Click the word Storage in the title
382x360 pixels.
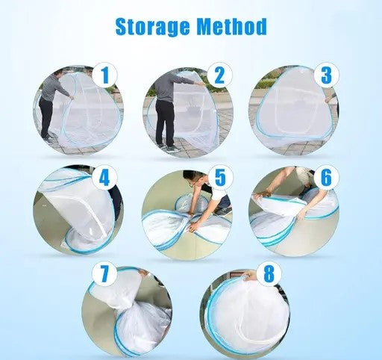click(152, 27)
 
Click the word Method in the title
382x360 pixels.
click(232, 26)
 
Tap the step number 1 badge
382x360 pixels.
click(105, 75)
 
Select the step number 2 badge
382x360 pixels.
click(219, 75)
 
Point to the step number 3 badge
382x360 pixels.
click(327, 75)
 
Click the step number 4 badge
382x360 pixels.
click(104, 178)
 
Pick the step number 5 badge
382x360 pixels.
click(220, 177)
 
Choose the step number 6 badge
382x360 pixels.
click(326, 177)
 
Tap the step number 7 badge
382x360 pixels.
click(104, 273)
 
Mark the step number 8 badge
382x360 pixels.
click(269, 273)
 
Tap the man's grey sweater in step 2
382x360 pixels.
click(169, 88)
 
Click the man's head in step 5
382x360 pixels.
click(195, 179)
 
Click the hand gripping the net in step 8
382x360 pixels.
click(245, 276)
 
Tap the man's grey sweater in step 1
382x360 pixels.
click(54, 87)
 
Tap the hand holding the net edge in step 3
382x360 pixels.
click(329, 99)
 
